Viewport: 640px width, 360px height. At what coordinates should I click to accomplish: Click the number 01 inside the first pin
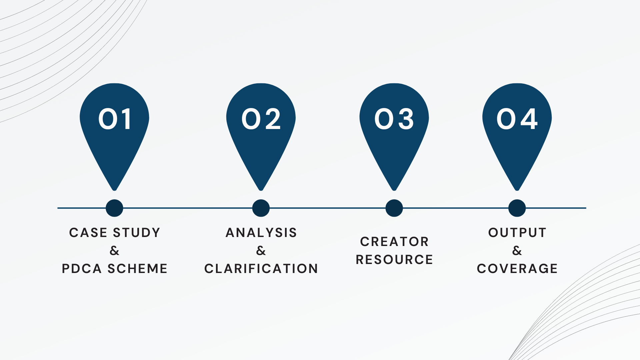point(114,119)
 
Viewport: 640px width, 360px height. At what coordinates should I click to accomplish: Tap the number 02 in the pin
point(261,119)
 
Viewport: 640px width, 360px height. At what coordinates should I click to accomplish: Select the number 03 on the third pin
point(394,119)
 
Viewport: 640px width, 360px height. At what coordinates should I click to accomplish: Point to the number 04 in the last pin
point(517,119)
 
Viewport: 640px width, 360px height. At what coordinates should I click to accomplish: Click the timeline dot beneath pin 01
point(114,208)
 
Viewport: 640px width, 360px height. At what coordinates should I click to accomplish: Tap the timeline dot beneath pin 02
point(261,208)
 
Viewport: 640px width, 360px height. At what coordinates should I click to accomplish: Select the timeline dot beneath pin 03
point(394,208)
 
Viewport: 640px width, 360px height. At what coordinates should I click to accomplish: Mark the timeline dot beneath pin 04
point(517,208)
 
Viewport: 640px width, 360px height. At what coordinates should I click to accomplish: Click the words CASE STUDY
point(115,233)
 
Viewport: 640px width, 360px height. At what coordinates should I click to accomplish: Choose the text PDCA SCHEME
point(115,269)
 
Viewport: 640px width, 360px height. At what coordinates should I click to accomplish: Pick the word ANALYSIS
point(261,233)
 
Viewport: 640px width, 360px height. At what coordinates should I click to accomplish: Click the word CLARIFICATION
point(261,269)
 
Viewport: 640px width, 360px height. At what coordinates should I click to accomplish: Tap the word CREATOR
point(394,242)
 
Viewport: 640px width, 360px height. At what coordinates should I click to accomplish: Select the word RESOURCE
point(394,260)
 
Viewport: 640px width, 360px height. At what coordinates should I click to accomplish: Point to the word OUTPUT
point(517,233)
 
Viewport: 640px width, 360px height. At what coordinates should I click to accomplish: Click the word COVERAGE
point(517,269)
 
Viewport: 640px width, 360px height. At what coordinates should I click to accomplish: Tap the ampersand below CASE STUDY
point(114,251)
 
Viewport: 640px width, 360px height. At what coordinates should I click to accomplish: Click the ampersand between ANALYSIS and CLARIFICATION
point(261,251)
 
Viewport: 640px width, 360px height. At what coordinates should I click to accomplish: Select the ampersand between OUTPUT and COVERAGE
point(517,251)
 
